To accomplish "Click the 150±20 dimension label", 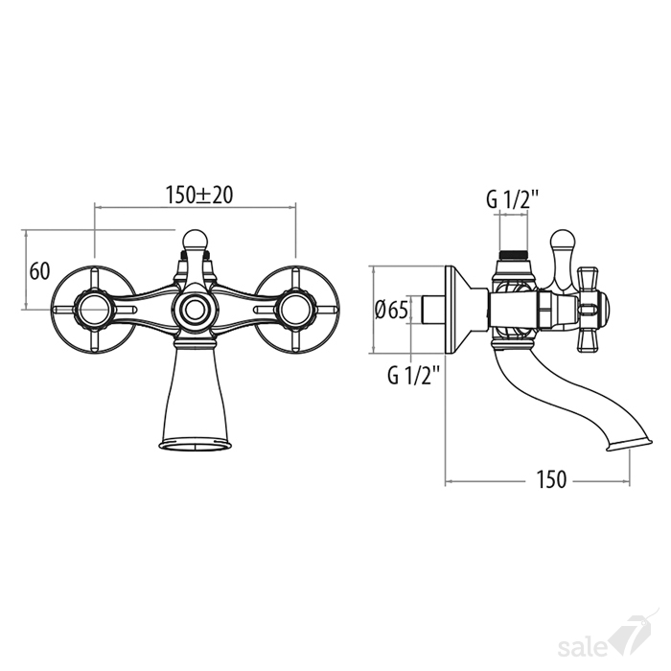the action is click(x=199, y=196).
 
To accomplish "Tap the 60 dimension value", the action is click(x=40, y=271).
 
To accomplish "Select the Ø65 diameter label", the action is click(x=391, y=310).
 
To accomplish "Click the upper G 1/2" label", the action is click(x=513, y=199).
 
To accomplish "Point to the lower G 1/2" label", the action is click(x=414, y=376).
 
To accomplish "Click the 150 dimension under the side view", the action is click(x=551, y=479).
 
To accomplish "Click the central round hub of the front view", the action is click(x=196, y=310).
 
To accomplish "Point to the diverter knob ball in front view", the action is click(x=196, y=240).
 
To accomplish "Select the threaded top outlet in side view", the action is click(x=514, y=255).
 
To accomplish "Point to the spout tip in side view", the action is click(x=629, y=445).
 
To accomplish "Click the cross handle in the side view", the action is click(x=591, y=310).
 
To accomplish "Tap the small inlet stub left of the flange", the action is click(x=434, y=310).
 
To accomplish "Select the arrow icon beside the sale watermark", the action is click(x=632, y=635).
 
